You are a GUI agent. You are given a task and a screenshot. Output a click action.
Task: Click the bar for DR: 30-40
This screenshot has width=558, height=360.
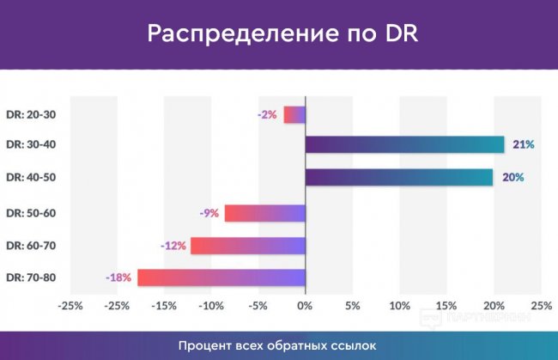click(404, 144)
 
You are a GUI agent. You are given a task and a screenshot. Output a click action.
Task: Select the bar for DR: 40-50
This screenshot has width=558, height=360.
click(399, 177)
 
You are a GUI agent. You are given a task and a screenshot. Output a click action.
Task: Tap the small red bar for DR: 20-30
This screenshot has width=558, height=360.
click(294, 114)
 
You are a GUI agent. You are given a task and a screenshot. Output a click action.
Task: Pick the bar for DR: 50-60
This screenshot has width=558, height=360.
click(265, 213)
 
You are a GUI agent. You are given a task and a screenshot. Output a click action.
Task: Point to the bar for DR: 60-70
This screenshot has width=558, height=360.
click(248, 246)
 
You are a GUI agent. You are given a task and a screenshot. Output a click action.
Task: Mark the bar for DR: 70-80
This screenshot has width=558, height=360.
click(221, 278)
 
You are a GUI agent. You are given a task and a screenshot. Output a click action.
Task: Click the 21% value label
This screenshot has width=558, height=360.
click(524, 144)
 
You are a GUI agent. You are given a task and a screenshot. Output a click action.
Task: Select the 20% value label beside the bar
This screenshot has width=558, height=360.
click(513, 177)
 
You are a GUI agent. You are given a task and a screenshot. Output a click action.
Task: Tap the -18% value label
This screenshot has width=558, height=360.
click(118, 278)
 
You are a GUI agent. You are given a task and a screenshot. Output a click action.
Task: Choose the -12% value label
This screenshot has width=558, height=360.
click(173, 246)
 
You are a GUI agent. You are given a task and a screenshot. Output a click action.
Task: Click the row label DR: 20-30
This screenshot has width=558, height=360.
click(30, 114)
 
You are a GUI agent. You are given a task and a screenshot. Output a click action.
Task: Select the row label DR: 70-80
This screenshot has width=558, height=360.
click(30, 278)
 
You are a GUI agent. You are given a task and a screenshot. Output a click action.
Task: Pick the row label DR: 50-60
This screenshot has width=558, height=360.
click(30, 213)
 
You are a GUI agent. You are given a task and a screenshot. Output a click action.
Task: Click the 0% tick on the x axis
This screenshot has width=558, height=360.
click(305, 305)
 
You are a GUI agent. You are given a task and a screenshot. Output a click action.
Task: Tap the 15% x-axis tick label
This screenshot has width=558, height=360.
click(446, 305)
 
